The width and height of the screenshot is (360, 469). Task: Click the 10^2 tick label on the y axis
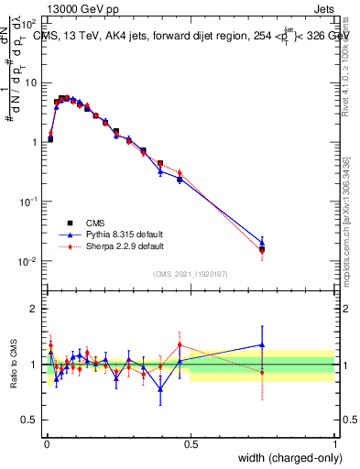pos(29,22)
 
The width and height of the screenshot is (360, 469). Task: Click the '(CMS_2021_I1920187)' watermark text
pos(190,273)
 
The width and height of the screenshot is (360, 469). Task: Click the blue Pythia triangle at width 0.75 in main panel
pos(262,243)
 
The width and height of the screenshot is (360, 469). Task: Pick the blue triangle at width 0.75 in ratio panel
pos(262,345)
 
